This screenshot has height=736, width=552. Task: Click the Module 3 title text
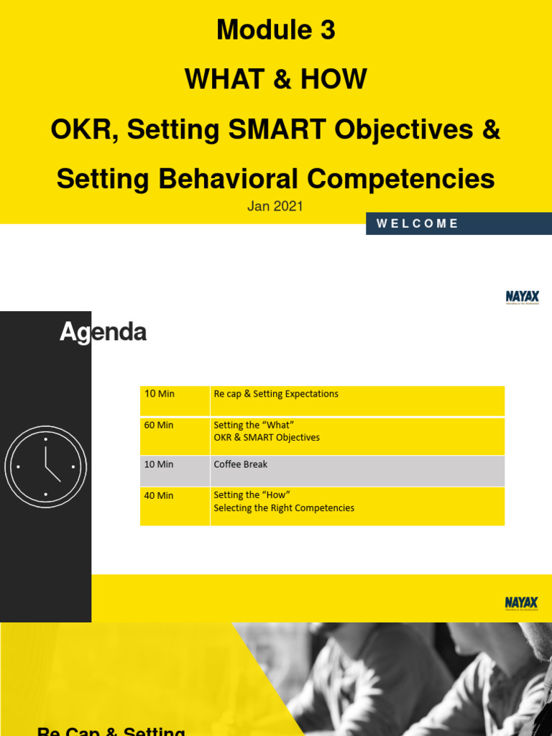click(276, 30)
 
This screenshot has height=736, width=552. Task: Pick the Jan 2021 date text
click(275, 207)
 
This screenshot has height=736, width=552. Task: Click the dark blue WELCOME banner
click(459, 224)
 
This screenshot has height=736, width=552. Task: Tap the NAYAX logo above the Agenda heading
click(523, 298)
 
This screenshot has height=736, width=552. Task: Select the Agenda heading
click(103, 332)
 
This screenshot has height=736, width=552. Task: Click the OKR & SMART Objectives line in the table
click(267, 438)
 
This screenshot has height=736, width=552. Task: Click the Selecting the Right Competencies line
click(284, 508)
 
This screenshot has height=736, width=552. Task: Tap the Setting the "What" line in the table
click(254, 425)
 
